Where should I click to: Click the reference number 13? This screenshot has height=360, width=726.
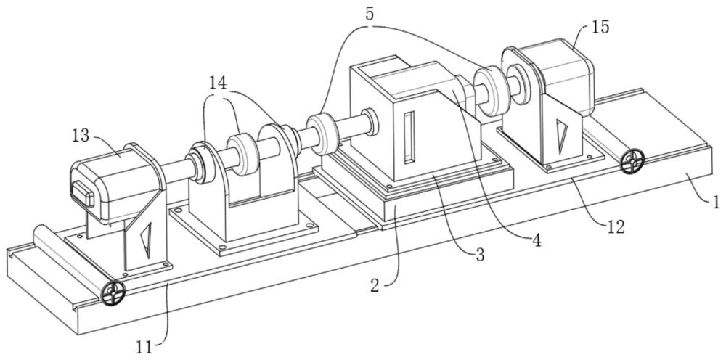point(81,136)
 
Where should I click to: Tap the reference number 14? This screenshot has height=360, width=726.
point(218,83)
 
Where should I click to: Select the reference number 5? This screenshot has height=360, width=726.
point(369,13)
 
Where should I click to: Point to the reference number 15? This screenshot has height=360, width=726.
point(600,28)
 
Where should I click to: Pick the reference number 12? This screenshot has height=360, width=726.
point(616,226)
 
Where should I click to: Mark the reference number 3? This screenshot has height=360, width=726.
point(480,254)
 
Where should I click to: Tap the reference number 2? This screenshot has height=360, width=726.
point(375,285)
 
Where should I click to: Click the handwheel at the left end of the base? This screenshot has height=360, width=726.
point(113,293)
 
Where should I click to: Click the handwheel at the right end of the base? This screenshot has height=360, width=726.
point(632,161)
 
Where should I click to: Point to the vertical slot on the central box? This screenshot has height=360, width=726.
point(409,137)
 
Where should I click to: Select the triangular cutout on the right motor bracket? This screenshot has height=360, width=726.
point(562,136)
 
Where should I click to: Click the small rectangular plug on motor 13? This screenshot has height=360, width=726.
point(83,193)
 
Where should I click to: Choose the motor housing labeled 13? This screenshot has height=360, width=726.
point(115,183)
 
